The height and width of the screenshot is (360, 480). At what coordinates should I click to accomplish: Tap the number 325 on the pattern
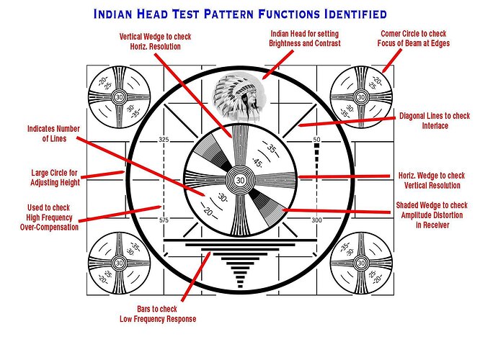[x=163, y=139]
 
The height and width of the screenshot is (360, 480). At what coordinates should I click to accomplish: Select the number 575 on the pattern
[x=163, y=220]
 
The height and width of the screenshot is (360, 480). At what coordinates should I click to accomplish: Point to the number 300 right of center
[x=316, y=220]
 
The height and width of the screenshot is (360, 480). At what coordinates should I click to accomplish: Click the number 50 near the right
[x=316, y=139]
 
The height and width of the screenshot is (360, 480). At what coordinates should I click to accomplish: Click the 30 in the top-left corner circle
[x=119, y=96]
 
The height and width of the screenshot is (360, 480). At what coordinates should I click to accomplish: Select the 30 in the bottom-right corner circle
[x=361, y=263]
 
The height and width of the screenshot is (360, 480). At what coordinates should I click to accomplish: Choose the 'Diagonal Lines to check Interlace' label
[x=435, y=120]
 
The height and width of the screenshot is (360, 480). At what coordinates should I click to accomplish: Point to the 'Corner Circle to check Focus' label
[x=412, y=38]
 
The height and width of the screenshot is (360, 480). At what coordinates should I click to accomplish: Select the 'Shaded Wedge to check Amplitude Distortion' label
[x=432, y=215]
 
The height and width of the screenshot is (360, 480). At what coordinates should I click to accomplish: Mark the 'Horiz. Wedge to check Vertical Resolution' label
[x=432, y=180]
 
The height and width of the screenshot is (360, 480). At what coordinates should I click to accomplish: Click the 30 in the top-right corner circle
[x=361, y=96]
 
